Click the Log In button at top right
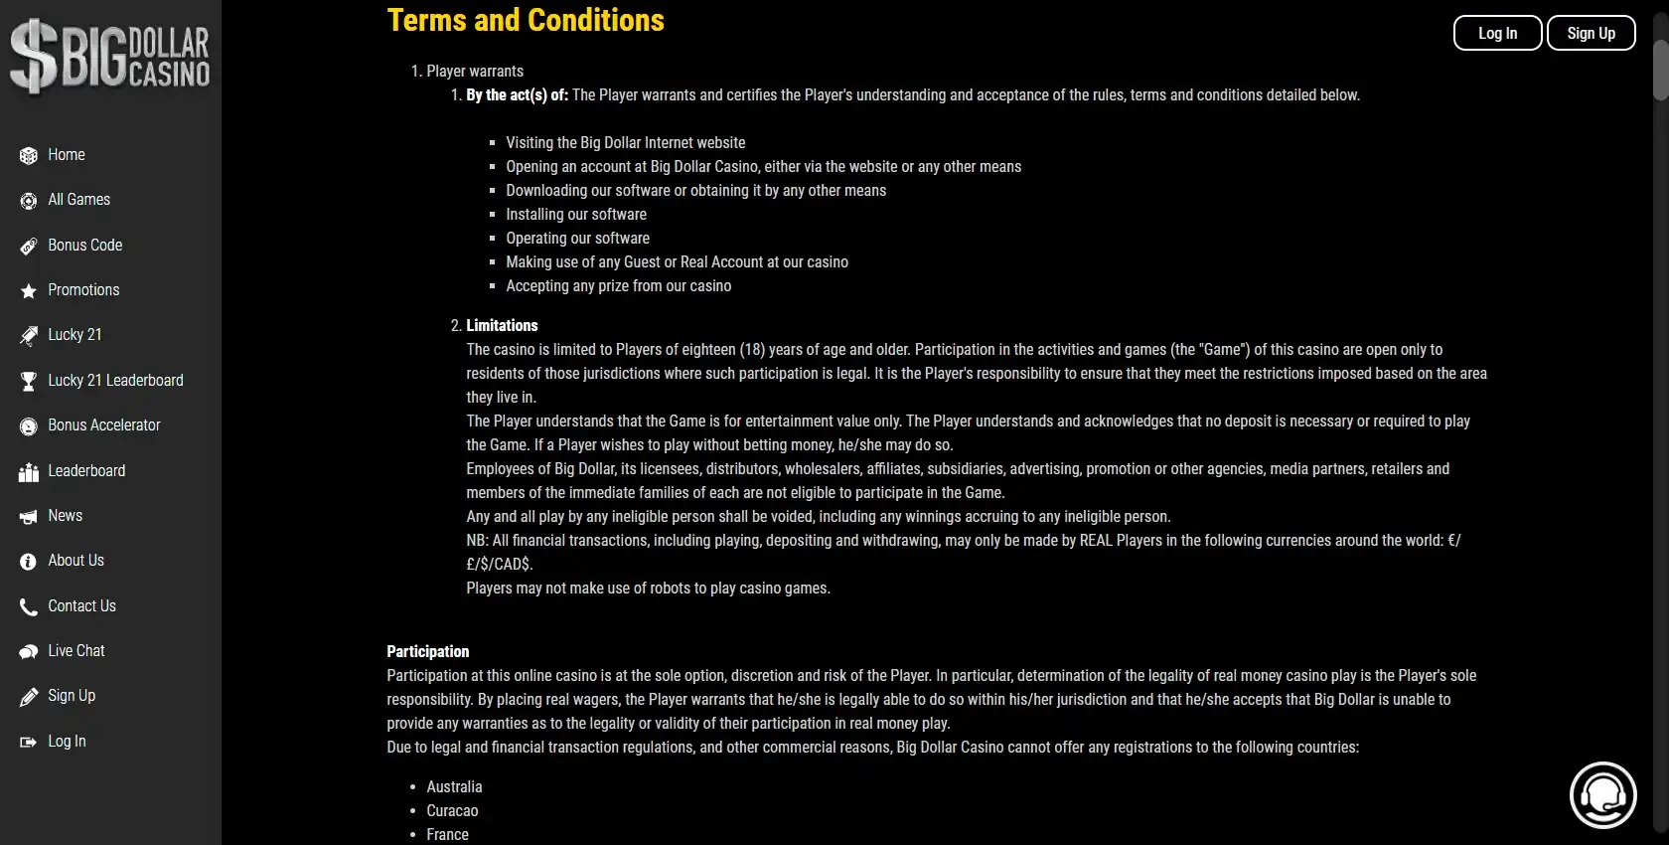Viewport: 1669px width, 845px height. click(x=1497, y=33)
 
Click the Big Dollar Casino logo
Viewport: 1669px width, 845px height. click(x=110, y=56)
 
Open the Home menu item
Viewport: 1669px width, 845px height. click(x=67, y=155)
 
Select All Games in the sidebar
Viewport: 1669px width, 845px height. click(x=78, y=200)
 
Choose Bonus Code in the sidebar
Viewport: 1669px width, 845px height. click(x=84, y=246)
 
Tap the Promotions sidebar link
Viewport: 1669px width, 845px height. click(x=83, y=290)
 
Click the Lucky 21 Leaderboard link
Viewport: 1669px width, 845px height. click(x=115, y=381)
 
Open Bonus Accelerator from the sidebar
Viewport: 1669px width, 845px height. click(x=103, y=425)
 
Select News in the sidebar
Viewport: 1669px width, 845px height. click(x=65, y=516)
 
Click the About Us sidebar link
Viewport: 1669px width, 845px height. click(x=76, y=561)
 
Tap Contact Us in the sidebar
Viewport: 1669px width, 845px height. click(x=81, y=606)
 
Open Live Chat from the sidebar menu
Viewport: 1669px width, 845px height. click(x=76, y=651)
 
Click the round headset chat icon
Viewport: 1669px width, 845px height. click(x=1602, y=795)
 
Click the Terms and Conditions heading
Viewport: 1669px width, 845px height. click(x=526, y=20)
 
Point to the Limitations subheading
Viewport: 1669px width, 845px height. click(x=502, y=326)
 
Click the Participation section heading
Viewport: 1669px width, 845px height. click(x=427, y=652)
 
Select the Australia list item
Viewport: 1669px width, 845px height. click(x=454, y=787)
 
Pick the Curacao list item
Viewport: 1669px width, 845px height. click(x=452, y=811)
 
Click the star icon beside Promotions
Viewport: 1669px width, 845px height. click(x=28, y=291)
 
